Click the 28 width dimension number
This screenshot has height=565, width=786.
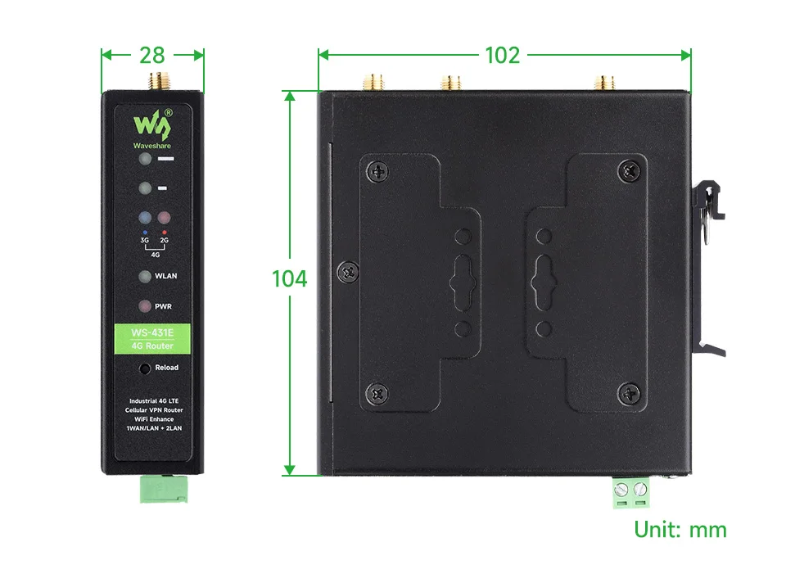pyautogui.click(x=152, y=55)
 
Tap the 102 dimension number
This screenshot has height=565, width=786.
pyautogui.click(x=502, y=55)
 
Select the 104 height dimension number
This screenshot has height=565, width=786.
pyautogui.click(x=289, y=278)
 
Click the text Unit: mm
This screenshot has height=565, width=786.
pyautogui.click(x=680, y=530)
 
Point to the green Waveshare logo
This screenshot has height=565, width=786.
pyautogui.click(x=152, y=129)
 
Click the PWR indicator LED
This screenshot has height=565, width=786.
pyautogui.click(x=145, y=305)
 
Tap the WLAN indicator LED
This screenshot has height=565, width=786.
pyautogui.click(x=145, y=276)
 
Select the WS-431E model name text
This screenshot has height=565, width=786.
pyautogui.click(x=152, y=332)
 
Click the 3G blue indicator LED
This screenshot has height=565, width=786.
pyautogui.click(x=145, y=217)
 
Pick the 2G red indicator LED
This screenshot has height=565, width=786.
pyautogui.click(x=164, y=217)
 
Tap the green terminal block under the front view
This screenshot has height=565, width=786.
pyautogui.click(x=164, y=489)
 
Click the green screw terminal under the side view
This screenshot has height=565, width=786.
pyautogui.click(x=630, y=493)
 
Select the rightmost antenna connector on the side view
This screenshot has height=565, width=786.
pyautogui.click(x=604, y=84)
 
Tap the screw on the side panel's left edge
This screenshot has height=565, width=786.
pyautogui.click(x=348, y=272)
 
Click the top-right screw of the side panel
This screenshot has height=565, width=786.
pyautogui.click(x=629, y=171)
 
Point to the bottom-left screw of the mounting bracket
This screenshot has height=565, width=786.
pyautogui.click(x=377, y=394)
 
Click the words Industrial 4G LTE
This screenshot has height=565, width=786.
pyautogui.click(x=154, y=401)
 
